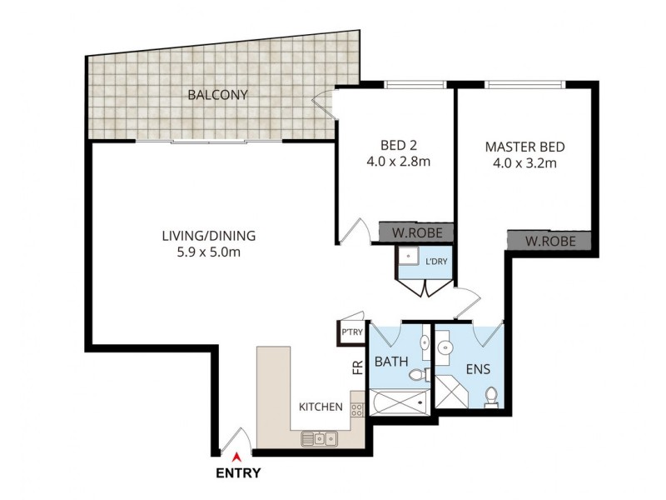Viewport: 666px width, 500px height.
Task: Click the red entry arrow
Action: click(237, 456)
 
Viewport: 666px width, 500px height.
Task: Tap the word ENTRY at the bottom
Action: click(238, 473)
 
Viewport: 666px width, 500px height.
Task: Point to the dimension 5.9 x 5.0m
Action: click(208, 252)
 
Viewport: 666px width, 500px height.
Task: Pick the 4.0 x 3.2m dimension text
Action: click(524, 163)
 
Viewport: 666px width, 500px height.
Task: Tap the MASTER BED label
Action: click(524, 147)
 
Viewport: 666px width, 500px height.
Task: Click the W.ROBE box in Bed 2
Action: click(417, 232)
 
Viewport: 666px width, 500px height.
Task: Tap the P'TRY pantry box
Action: click(351, 332)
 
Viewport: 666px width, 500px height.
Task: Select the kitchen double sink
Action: click(319, 437)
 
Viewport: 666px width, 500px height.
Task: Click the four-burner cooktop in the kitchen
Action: click(357, 409)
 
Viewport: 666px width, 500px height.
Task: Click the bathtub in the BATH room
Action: click(400, 406)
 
